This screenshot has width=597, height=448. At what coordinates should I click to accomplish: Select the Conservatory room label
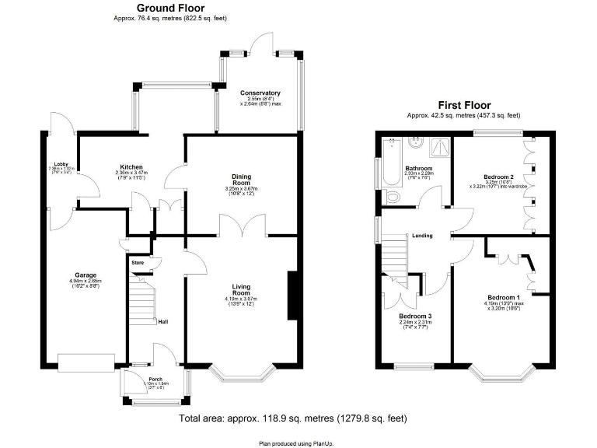(x=260, y=93)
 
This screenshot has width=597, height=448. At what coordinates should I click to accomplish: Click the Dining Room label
(x=242, y=180)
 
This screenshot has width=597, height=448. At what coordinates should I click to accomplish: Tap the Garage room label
(x=86, y=275)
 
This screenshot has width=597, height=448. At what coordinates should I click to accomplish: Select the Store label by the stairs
(x=138, y=263)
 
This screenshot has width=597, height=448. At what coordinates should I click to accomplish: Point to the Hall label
(x=163, y=322)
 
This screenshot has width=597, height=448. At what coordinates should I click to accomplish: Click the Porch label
(x=155, y=380)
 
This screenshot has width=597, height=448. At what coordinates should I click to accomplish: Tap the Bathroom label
(x=418, y=167)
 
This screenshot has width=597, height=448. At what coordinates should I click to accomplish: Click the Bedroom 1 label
(x=503, y=297)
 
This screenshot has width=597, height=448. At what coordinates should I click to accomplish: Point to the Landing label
(x=422, y=235)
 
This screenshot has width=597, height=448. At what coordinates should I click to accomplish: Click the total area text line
(x=292, y=418)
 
